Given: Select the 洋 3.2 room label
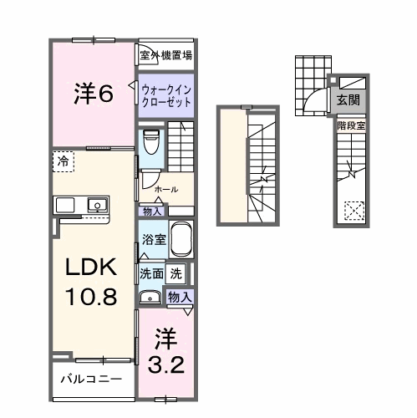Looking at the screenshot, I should [167, 351].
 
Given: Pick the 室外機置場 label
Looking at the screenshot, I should [166, 56].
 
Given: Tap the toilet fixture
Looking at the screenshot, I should [150, 143].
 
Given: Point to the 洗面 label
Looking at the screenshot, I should [151, 273].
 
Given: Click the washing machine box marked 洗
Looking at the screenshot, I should [176, 273].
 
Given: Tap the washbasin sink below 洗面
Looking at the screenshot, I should [150, 296].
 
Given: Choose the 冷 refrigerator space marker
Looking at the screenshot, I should [63, 160].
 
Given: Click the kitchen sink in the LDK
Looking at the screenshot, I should [96, 204].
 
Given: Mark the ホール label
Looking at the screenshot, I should [165, 189].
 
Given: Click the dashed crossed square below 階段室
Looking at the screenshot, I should [355, 210].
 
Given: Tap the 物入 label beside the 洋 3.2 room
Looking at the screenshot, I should [180, 296].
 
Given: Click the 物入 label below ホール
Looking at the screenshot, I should [153, 211].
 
